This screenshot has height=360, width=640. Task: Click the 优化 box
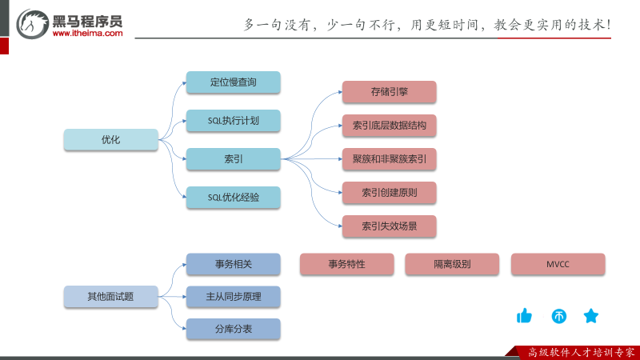(x=110, y=140)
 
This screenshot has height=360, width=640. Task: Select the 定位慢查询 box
(x=234, y=82)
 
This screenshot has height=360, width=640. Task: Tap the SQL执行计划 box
(x=234, y=121)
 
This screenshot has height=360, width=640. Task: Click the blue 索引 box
(x=234, y=159)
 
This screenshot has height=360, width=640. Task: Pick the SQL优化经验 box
(x=234, y=198)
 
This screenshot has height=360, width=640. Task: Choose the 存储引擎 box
(x=390, y=92)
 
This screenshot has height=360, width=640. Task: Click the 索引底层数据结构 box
(x=390, y=126)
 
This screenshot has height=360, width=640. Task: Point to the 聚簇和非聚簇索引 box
(x=390, y=159)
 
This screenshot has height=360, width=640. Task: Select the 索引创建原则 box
(x=390, y=193)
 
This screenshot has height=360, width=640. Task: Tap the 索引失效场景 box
(x=390, y=226)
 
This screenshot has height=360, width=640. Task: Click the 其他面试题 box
(x=110, y=297)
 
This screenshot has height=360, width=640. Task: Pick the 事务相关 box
(x=234, y=265)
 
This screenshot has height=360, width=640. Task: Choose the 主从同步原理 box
(x=234, y=297)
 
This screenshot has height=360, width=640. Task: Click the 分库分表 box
(x=234, y=329)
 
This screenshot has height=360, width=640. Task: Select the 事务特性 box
(x=347, y=264)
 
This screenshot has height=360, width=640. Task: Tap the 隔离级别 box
(x=452, y=264)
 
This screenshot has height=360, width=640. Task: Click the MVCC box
(x=558, y=264)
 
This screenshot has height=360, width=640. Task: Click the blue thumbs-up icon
(x=525, y=316)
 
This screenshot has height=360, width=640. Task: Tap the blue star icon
(x=591, y=316)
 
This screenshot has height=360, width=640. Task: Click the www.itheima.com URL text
(x=87, y=34)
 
